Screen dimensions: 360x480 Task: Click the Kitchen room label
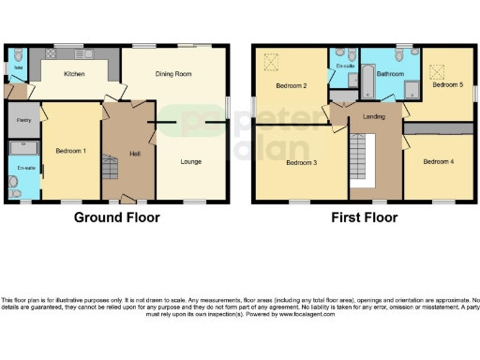(75, 73)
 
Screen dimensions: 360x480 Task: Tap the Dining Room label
(173, 73)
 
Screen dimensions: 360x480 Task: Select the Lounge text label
(191, 161)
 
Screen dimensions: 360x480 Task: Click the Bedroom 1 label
(71, 151)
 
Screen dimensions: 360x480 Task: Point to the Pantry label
(22, 121)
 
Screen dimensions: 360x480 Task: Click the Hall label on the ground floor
(135, 152)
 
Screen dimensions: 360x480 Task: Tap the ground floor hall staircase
(112, 170)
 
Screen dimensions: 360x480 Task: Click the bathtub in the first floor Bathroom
(368, 82)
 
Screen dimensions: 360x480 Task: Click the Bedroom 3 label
(302, 162)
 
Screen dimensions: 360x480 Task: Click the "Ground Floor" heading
(117, 217)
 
